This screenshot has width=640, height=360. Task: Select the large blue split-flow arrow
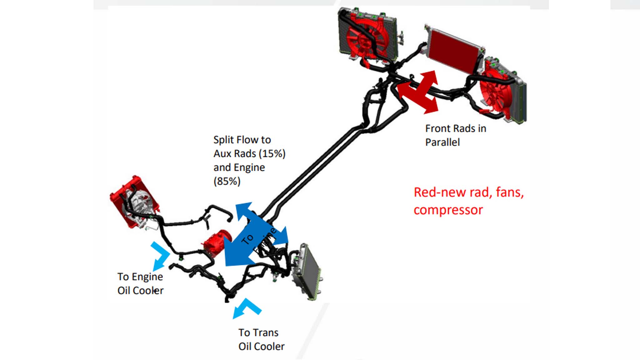(x=250, y=237)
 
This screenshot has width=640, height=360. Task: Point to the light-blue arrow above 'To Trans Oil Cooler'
(x=247, y=307)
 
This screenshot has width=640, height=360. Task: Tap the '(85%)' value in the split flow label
(x=227, y=181)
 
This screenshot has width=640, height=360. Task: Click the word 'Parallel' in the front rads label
(x=442, y=142)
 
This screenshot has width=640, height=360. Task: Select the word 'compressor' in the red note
(x=448, y=210)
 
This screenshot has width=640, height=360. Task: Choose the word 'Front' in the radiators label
(x=437, y=128)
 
